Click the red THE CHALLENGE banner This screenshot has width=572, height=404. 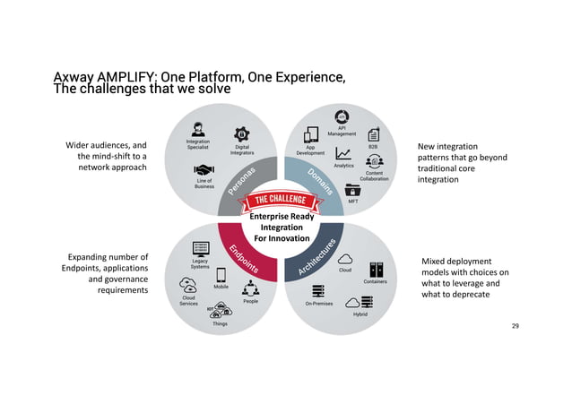tap(285, 198)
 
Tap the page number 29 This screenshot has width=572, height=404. tap(515, 325)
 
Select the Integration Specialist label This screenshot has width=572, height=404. tap(198, 143)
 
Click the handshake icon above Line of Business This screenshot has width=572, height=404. tap(204, 169)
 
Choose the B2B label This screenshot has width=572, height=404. tap(373, 146)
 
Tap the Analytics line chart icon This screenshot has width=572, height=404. tap(343, 154)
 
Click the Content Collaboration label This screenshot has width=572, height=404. tap(374, 176)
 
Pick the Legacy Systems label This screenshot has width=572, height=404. tap(201, 265)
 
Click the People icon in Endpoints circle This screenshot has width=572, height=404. tap(251, 288)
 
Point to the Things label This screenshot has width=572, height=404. tap(220, 323)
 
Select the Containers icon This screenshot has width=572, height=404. tap(376, 269)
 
